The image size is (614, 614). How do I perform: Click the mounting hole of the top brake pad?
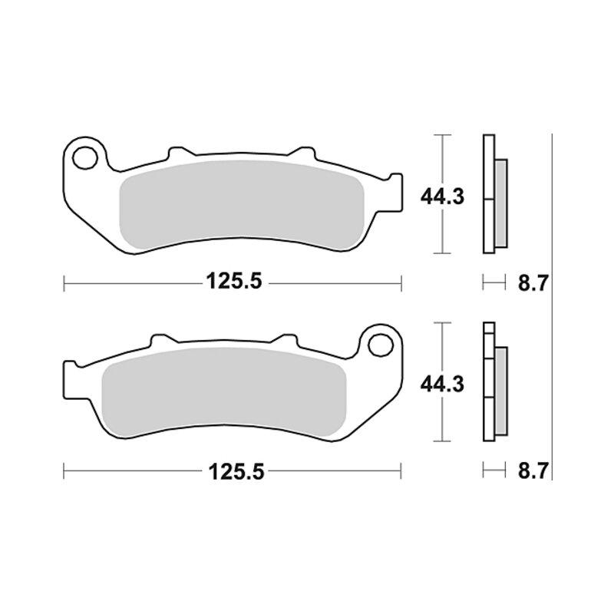point(84,158)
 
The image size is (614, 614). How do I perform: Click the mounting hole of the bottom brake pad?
point(381,345)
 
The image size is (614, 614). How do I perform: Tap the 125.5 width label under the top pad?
point(234,281)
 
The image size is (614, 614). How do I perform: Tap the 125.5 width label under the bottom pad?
point(236,471)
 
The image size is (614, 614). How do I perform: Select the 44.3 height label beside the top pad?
point(442,196)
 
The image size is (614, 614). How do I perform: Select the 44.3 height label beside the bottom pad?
point(442,385)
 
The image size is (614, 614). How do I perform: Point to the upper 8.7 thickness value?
point(532,283)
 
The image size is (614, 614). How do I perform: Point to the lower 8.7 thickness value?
point(532,470)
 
